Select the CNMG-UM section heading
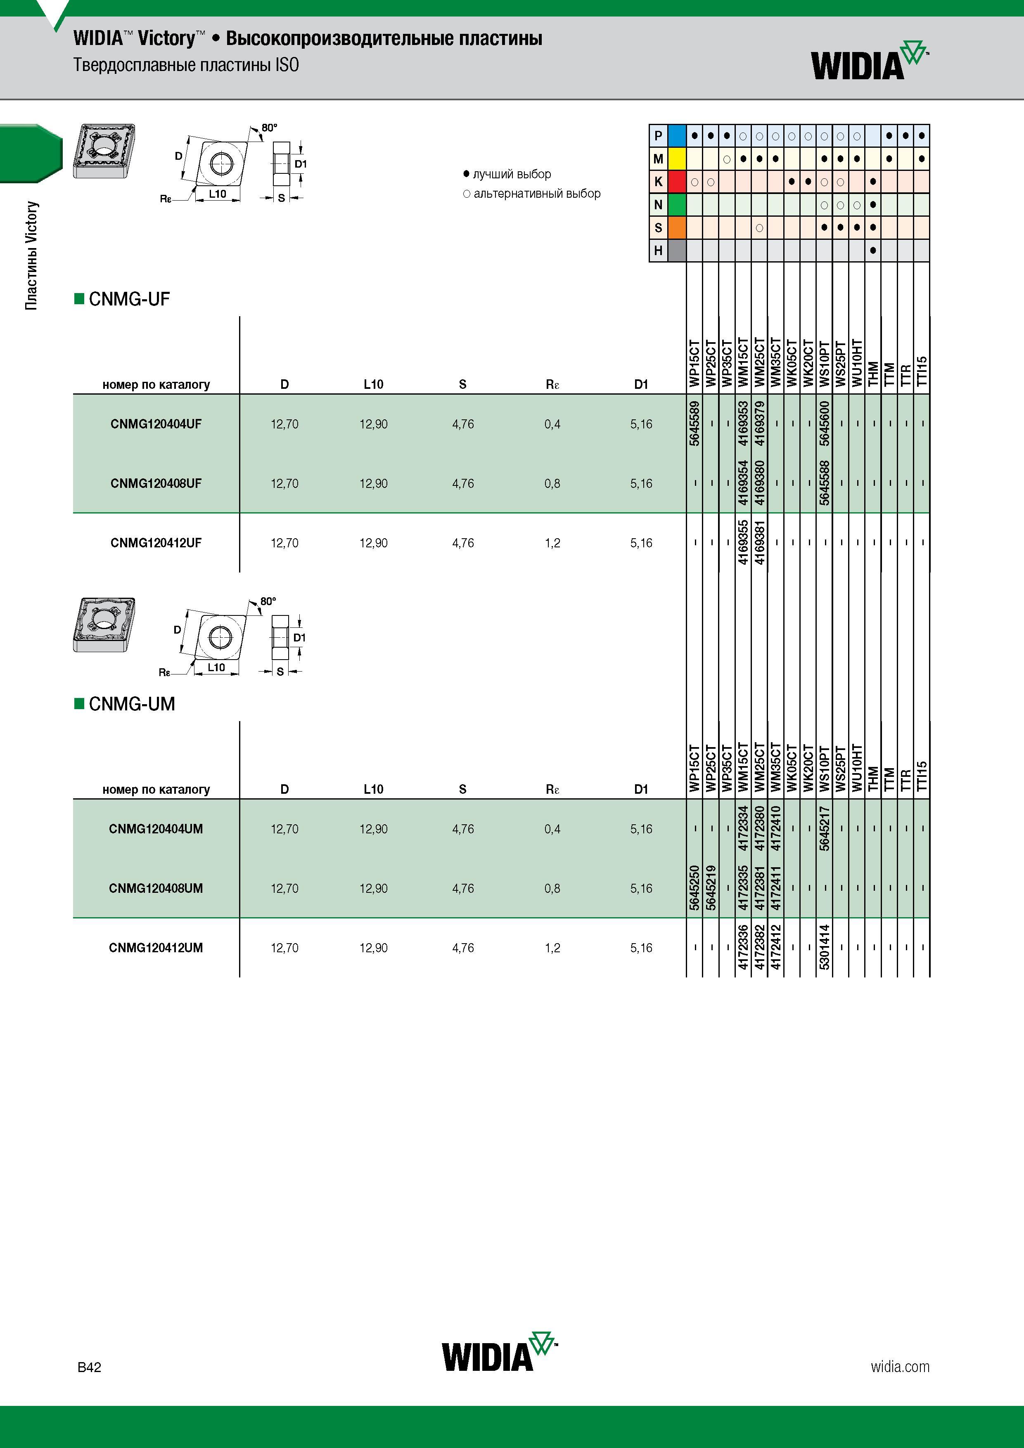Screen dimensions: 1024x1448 125,704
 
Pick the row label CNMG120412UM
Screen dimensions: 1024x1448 156,948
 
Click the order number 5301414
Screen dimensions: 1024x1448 825,947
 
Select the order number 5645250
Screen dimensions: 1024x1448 695,888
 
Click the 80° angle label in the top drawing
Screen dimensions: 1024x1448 269,128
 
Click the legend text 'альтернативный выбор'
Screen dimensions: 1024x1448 537,194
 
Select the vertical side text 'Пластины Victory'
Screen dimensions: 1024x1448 31,256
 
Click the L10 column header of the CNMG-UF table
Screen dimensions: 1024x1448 374,384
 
